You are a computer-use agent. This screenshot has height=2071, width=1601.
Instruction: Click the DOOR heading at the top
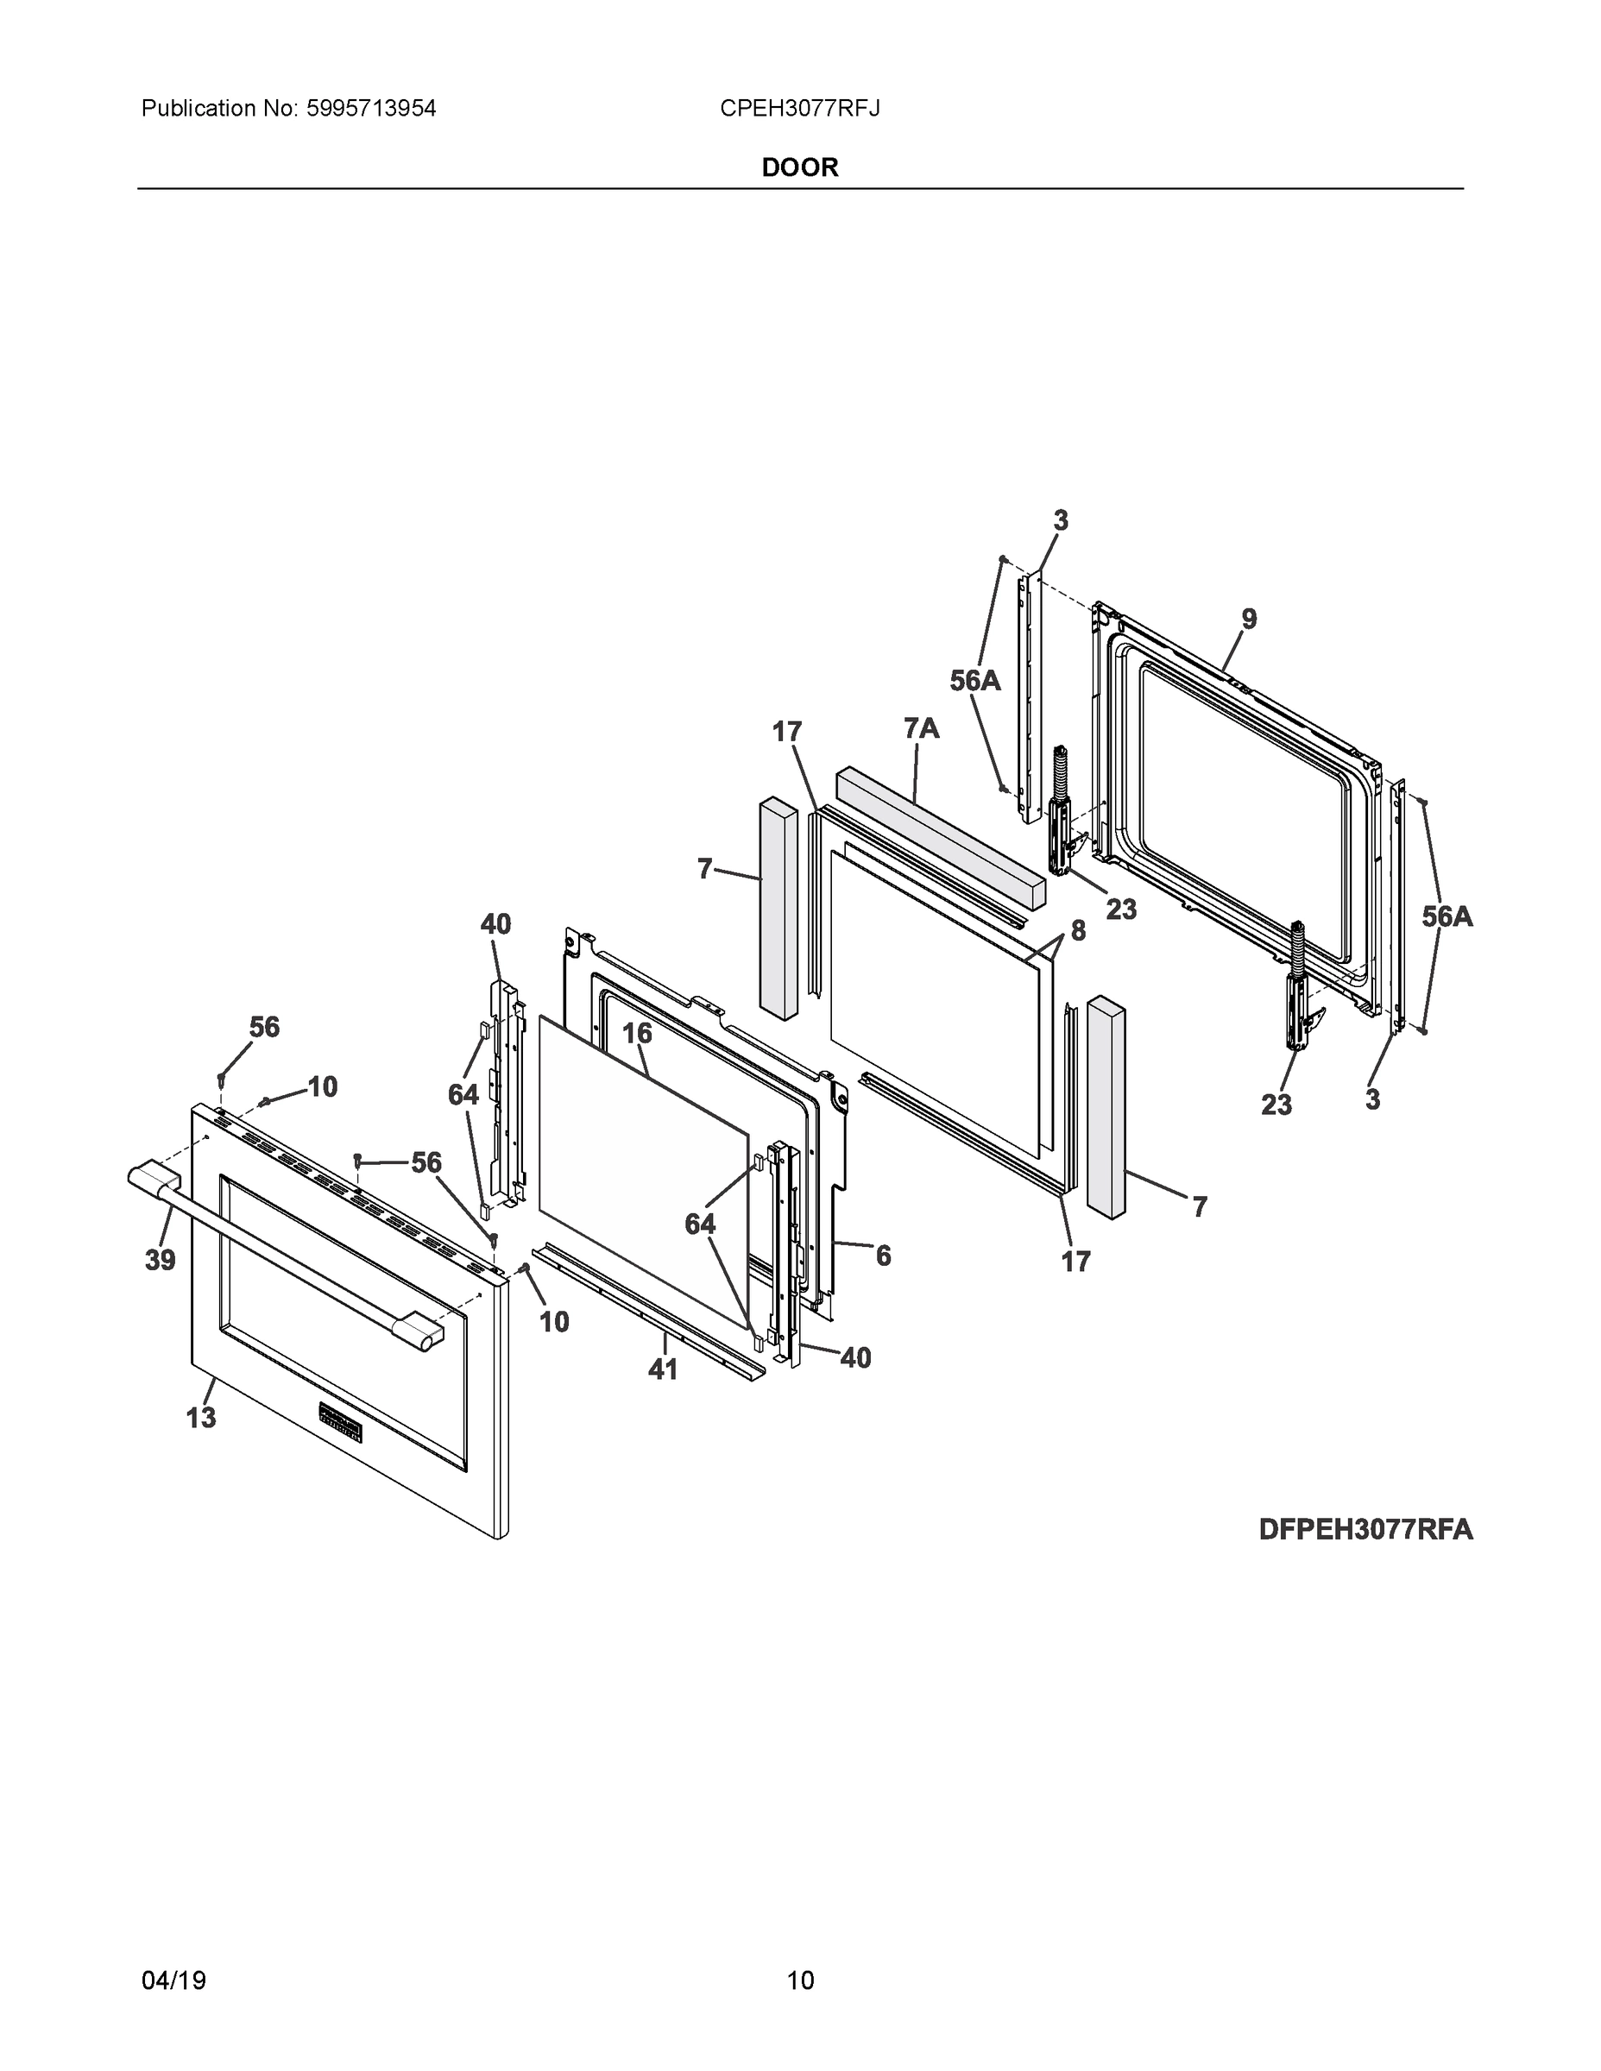(x=799, y=168)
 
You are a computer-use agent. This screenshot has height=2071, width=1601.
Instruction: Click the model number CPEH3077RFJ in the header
(x=799, y=108)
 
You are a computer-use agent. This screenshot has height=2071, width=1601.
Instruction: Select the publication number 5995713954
(x=371, y=108)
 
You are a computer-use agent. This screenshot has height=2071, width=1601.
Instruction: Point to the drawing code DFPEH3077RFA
(x=1365, y=1531)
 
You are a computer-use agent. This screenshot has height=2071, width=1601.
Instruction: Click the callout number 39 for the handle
(x=161, y=1260)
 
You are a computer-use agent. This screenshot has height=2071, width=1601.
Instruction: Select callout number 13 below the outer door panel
(x=201, y=1418)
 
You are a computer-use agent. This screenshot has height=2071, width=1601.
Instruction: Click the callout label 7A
(x=921, y=728)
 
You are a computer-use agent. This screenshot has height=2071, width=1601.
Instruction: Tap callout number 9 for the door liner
(x=1249, y=620)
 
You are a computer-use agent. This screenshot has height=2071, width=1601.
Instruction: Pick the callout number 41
(x=663, y=1369)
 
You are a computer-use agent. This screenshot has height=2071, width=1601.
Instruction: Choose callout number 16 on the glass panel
(x=636, y=1033)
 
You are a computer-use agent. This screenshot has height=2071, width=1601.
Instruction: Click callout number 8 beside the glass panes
(x=1078, y=930)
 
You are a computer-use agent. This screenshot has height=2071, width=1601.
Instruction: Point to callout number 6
(x=883, y=1256)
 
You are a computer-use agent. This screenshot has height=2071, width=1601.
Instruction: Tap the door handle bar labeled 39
(x=285, y=1248)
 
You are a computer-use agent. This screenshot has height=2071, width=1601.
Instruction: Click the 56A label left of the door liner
(x=975, y=680)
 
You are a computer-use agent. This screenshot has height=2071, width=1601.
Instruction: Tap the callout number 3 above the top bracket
(x=1061, y=520)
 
